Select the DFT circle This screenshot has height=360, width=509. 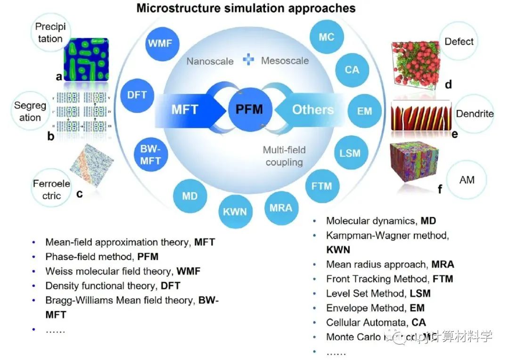click(x=137, y=95)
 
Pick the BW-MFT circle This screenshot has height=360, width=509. click(x=150, y=155)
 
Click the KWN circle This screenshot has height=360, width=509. click(x=235, y=211)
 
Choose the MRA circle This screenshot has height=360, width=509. click(x=281, y=207)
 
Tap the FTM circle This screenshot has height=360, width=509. click(x=321, y=186)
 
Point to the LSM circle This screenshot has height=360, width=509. click(x=350, y=153)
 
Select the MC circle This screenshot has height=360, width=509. click(x=327, y=37)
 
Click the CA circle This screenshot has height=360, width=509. click(x=352, y=70)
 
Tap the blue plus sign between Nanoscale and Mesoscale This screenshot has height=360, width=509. click(x=248, y=60)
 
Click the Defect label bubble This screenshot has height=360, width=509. click(x=459, y=41)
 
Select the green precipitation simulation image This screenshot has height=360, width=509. click(x=86, y=59)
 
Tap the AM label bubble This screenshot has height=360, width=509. click(x=466, y=180)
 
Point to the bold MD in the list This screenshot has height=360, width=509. click(x=428, y=221)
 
